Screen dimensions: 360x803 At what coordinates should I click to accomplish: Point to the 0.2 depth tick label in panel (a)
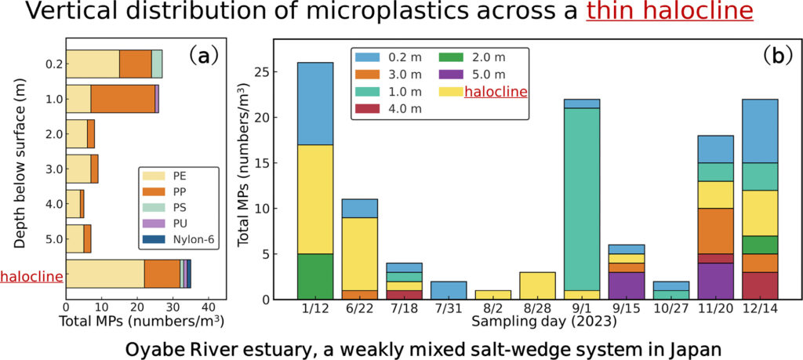54,64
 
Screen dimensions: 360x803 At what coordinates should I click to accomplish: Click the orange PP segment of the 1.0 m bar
122,98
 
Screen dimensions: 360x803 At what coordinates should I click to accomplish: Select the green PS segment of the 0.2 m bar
157,64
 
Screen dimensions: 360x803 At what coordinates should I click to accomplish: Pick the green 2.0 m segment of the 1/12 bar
315,276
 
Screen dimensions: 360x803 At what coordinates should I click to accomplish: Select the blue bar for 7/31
449,290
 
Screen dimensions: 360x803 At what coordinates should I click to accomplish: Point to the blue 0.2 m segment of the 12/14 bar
760,131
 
